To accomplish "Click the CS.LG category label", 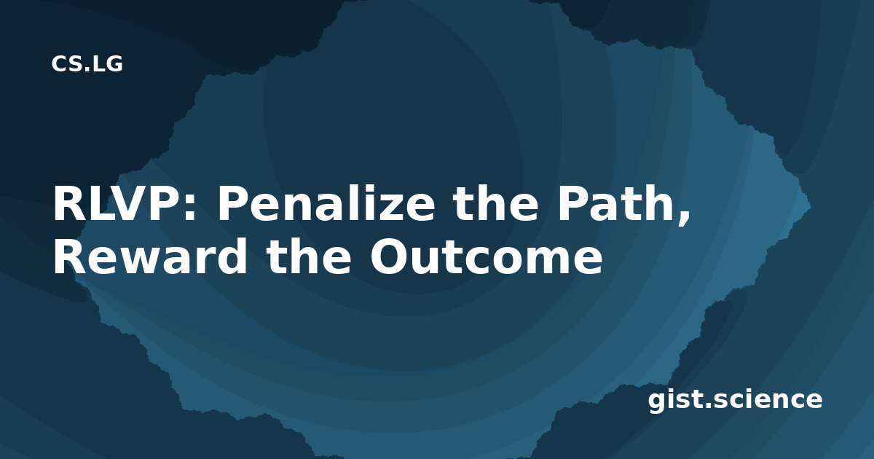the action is click(87, 64).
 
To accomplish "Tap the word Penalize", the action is click(326, 203).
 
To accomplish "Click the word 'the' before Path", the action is click(495, 203).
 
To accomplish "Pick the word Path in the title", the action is click(615, 203).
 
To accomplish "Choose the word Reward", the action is click(150, 256).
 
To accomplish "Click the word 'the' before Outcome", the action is click(309, 256).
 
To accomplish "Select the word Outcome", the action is click(487, 256).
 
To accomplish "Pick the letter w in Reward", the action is click(141, 262).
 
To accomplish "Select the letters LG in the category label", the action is click(108, 64).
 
